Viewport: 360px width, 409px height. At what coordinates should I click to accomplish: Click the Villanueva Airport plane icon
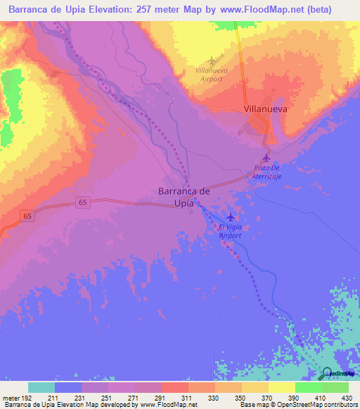214,60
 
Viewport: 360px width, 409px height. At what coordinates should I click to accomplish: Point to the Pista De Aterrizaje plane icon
266,158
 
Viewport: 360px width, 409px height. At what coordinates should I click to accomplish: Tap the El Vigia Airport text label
231,231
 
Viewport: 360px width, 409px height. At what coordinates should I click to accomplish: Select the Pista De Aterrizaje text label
266,172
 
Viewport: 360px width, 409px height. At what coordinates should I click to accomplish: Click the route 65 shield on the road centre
84,202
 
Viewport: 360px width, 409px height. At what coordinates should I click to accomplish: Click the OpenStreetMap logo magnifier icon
327,373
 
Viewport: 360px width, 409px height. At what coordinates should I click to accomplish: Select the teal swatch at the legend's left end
41,387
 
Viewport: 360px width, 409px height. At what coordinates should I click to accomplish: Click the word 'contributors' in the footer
337,405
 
